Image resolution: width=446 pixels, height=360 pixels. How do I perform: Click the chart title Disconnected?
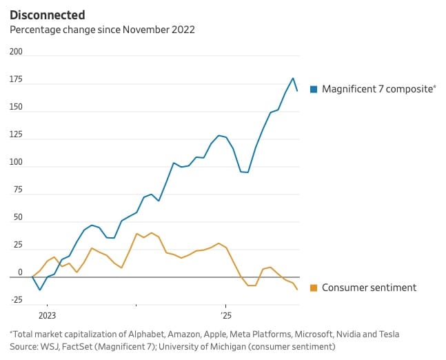pos(47,14)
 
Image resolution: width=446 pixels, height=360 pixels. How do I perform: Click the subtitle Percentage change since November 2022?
pos(101,30)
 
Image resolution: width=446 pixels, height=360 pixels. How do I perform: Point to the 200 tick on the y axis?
pos(16,52)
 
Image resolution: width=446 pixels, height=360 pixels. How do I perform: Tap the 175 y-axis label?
pos(16,80)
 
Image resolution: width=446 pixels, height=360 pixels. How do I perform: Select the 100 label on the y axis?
pos(16,163)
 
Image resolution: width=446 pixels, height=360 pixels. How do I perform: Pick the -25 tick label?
pos(16,299)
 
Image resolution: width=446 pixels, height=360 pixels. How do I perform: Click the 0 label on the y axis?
pos(19,272)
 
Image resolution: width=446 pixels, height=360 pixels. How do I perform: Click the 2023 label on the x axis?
pos(47,315)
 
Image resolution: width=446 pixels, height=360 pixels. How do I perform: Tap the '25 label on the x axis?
pos(225,315)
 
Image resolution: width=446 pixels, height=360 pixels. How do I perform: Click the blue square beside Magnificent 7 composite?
pos(314,88)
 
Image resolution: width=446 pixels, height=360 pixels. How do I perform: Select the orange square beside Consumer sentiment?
pos(314,288)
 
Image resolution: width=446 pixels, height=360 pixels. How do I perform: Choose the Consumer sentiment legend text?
pos(369,288)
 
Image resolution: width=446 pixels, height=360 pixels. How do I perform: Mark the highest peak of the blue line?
pos(293,78)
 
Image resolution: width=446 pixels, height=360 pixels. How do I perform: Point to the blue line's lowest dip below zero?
pos(40,290)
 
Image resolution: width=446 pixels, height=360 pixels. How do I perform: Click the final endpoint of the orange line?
pos(297,290)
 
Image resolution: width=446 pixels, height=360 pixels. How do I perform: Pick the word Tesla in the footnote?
pos(387,334)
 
